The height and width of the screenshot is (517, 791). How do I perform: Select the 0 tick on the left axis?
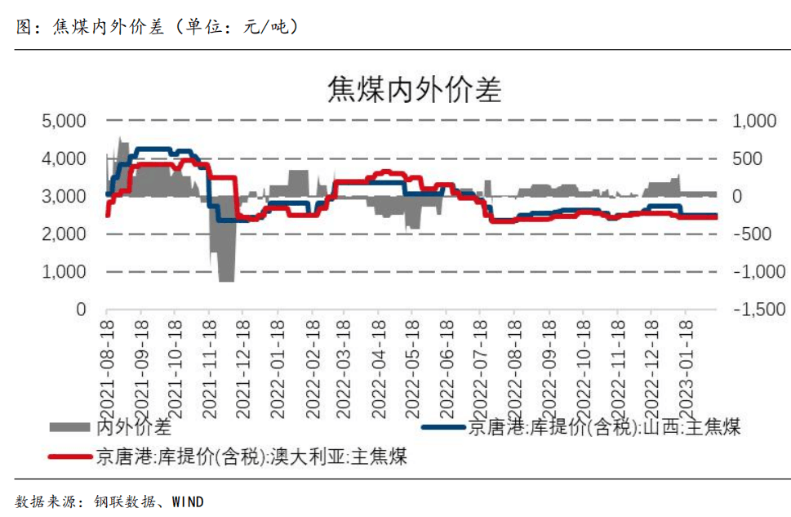(x=80, y=310)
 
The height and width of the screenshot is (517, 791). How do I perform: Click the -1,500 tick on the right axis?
(x=760, y=310)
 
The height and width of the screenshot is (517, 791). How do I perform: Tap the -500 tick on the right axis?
(x=756, y=234)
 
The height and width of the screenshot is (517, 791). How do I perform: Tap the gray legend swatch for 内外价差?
(x=71, y=426)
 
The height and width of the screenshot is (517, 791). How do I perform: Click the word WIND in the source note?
(x=188, y=501)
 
